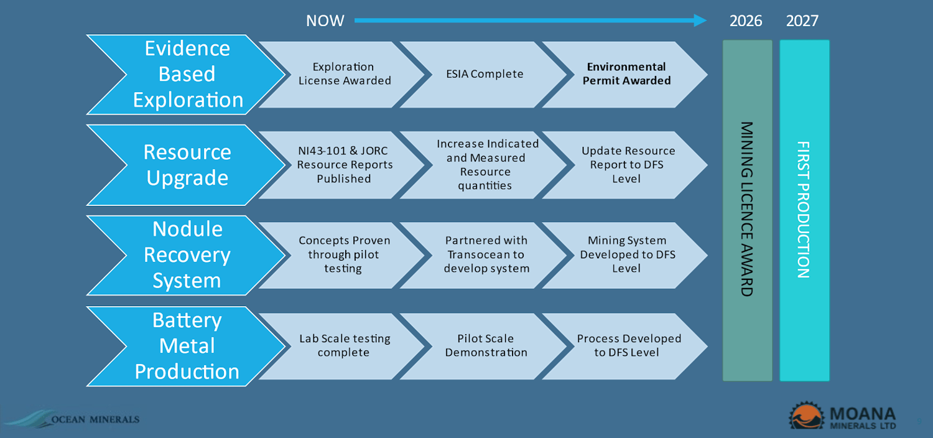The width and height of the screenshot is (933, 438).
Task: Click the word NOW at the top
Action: (x=325, y=21)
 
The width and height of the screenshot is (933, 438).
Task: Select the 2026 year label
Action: (x=746, y=21)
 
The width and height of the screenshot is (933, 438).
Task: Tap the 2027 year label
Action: (x=802, y=21)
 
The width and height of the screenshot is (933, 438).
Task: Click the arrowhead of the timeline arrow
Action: (x=700, y=20)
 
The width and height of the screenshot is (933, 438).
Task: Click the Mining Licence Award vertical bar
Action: (x=747, y=210)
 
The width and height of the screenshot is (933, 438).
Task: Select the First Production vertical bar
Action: (x=804, y=210)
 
